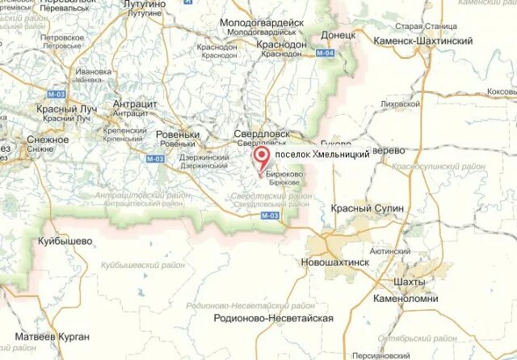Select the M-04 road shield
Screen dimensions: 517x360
[325, 53]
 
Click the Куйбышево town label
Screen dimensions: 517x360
[65, 241]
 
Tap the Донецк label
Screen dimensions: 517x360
[338, 36]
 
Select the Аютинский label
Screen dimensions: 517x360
[391, 251]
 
